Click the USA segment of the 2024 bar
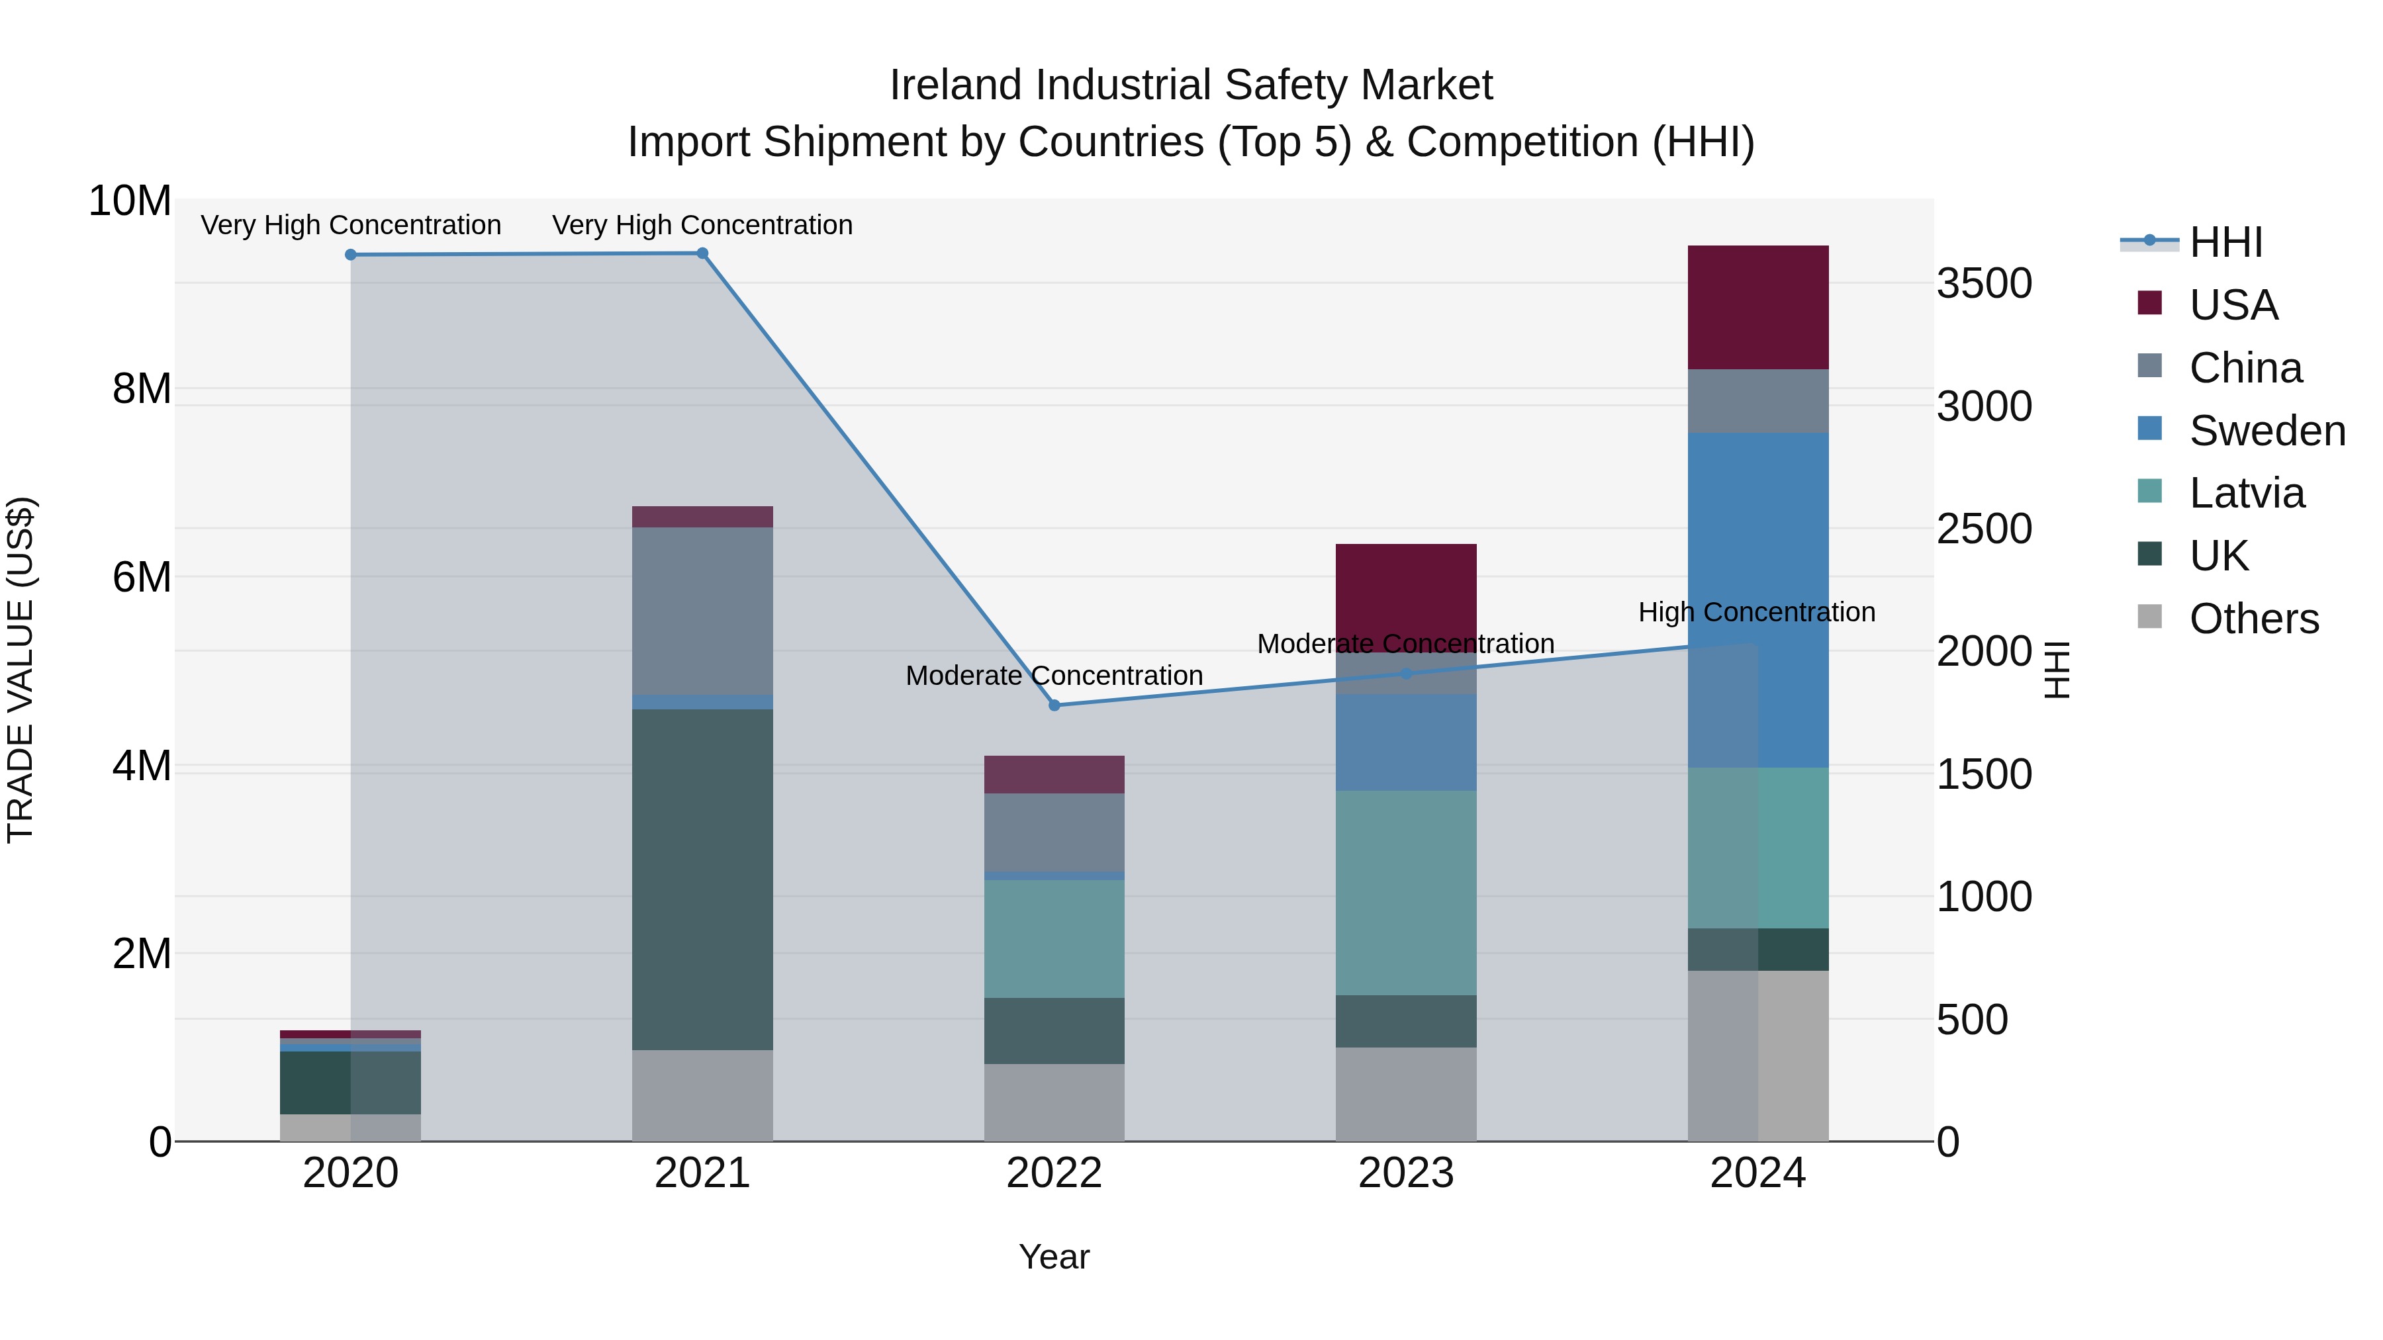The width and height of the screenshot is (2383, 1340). pos(1757,307)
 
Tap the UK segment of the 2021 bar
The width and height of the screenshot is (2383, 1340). pos(702,879)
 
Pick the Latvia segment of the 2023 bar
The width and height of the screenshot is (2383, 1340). pos(1405,893)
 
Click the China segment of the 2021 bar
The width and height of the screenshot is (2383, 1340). pos(702,610)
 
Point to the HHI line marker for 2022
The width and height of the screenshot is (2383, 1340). pos(1054,705)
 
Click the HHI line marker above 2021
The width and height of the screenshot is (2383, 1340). pos(702,253)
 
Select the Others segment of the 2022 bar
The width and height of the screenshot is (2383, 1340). pos(1054,1102)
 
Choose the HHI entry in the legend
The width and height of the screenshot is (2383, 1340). pos(2225,242)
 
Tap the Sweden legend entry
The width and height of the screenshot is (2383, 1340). pos(2266,431)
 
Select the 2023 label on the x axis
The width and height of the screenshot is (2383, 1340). pos(1405,1173)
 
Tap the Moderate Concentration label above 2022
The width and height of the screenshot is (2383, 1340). pos(1054,676)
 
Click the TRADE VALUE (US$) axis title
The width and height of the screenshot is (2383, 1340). pos(21,670)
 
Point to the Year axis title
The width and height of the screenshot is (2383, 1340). pos(1054,1257)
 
